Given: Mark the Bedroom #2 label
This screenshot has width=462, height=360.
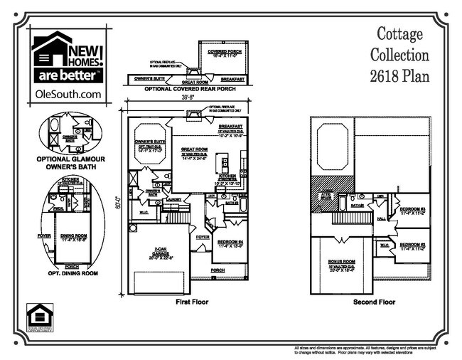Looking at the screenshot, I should [x=412, y=245].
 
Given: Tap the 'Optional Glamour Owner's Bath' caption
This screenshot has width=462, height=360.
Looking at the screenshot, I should [x=68, y=162].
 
